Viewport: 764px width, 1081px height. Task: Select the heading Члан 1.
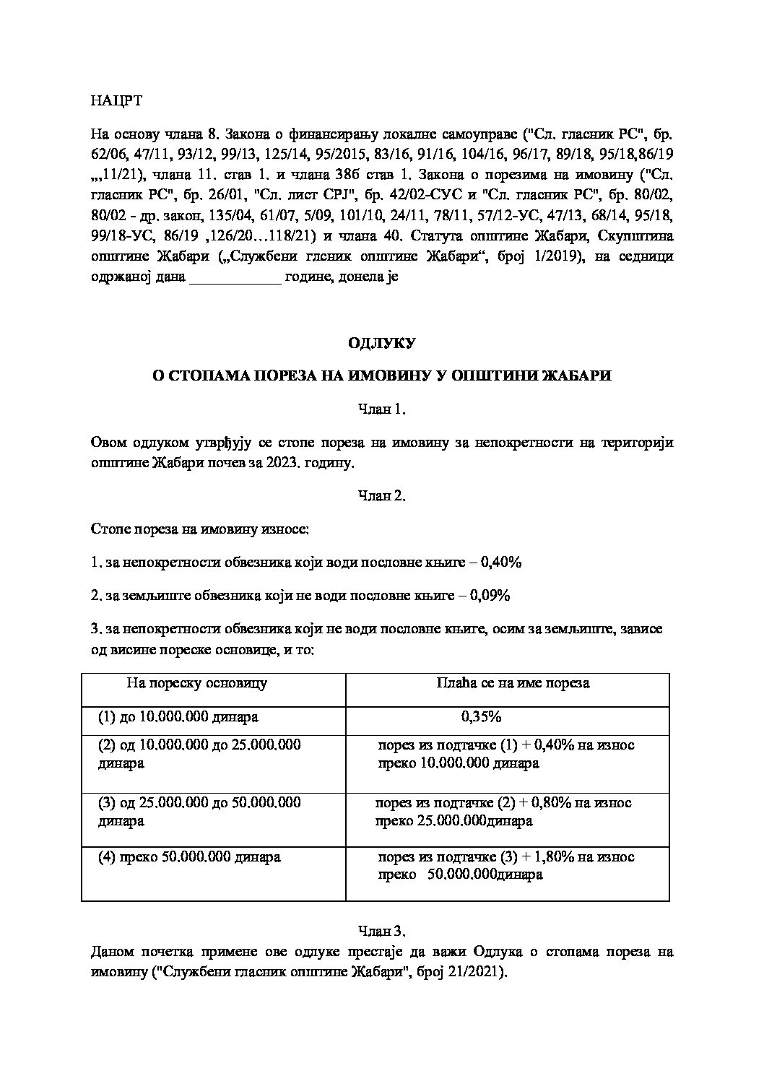[382, 409]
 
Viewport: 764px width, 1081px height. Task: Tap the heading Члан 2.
[382, 496]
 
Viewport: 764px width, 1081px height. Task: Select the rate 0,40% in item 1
[501, 562]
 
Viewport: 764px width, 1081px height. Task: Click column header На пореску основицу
[196, 682]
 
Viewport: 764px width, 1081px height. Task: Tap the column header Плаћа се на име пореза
[513, 682]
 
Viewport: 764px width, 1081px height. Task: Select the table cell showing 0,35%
[481, 717]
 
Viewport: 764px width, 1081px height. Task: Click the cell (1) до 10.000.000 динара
[178, 717]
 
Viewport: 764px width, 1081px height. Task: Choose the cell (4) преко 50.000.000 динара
[189, 857]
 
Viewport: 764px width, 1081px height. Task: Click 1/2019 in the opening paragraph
[559, 258]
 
